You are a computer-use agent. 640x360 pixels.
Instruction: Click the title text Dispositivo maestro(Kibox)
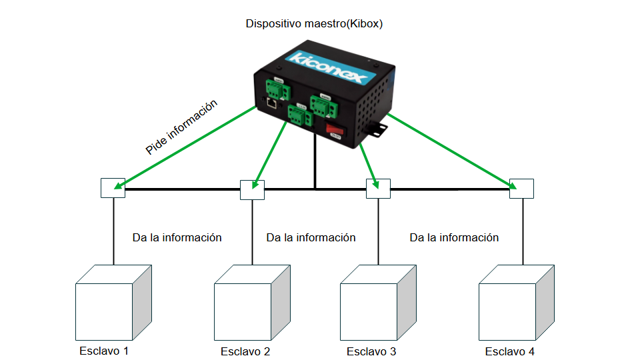(x=314, y=24)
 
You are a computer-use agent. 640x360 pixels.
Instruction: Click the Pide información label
(x=181, y=127)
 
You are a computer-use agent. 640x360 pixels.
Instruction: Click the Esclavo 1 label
(x=103, y=351)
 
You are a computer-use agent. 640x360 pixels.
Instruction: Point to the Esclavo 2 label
(x=245, y=351)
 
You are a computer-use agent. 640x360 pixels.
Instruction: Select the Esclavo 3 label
(x=371, y=351)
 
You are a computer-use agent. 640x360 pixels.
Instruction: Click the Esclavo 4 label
(x=509, y=351)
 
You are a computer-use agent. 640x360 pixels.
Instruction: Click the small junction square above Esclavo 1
(x=113, y=189)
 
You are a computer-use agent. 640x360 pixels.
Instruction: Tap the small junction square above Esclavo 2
(x=252, y=189)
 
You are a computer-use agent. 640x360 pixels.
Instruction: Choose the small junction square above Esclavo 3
(x=378, y=189)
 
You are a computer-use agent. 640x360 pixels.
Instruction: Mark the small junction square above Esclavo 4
(x=521, y=189)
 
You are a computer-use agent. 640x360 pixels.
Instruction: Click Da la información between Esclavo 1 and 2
(x=177, y=237)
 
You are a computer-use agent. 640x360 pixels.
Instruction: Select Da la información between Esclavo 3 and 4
(x=454, y=237)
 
